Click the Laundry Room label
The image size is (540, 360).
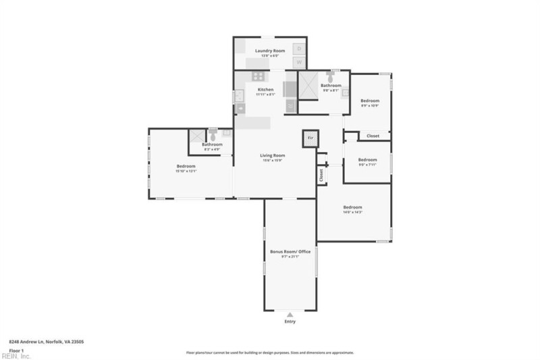[269, 51]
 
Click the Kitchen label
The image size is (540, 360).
[265, 89]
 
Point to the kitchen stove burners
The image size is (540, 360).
[257, 77]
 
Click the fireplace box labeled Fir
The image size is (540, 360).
[310, 138]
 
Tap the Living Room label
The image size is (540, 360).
[273, 155]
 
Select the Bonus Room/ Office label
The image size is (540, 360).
[290, 251]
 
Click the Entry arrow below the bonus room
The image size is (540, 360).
[290, 314]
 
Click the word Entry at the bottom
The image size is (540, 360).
[290, 322]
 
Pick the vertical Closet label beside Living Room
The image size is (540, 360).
[321, 174]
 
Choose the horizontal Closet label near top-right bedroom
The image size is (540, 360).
[373, 136]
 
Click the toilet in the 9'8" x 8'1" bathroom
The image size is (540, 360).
[330, 76]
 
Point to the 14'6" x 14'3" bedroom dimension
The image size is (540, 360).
[352, 212]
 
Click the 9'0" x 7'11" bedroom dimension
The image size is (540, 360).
[367, 164]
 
